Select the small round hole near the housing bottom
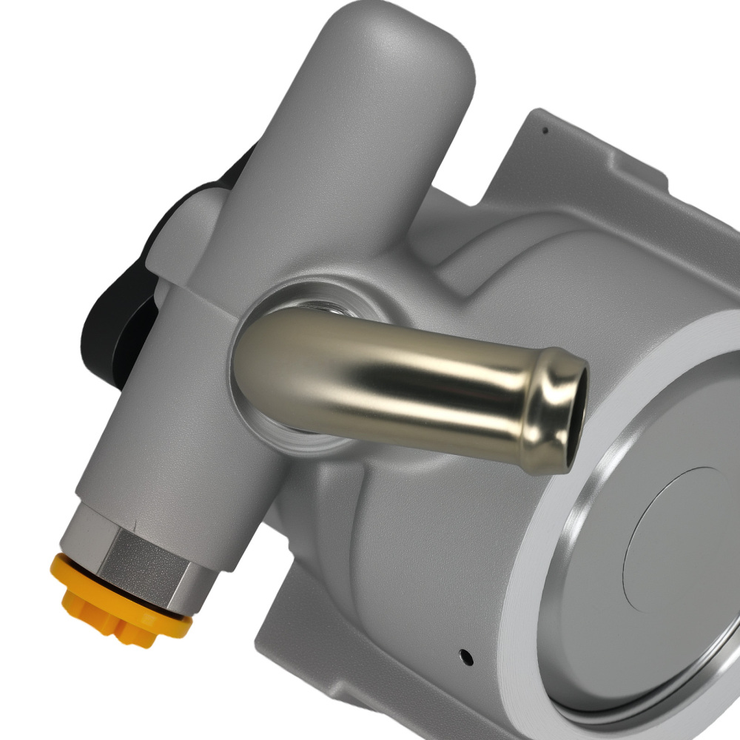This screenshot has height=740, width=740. click(465, 655)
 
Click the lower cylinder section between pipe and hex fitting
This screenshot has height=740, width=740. click(163, 444)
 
